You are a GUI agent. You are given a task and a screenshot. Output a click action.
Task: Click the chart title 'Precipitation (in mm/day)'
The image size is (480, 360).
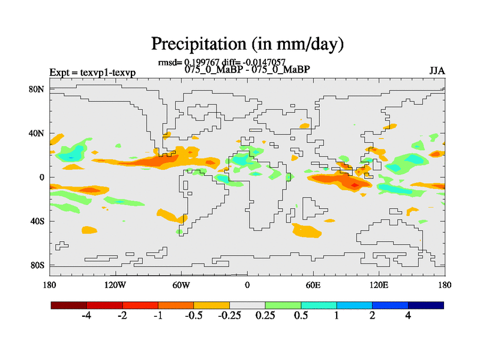click(247, 44)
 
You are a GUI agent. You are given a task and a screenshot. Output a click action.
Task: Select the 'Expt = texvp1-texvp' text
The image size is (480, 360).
click(92, 73)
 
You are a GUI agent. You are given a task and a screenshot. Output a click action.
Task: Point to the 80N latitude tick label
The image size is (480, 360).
click(37, 89)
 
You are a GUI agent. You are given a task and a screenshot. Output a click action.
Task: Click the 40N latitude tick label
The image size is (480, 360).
click(37, 133)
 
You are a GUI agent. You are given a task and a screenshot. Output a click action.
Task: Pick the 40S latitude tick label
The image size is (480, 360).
click(37, 221)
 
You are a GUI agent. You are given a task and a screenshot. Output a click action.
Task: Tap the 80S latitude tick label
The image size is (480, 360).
click(37, 265)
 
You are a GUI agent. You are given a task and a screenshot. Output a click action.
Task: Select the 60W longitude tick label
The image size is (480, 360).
click(181, 284)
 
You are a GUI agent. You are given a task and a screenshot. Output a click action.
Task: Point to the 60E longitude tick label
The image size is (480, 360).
click(313, 284)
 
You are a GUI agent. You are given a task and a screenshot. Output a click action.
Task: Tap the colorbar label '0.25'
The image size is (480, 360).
click(265, 316)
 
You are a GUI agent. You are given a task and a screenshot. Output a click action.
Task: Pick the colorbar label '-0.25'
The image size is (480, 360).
click(229, 316)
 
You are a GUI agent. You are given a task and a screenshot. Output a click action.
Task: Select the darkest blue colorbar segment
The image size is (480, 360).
click(426, 305)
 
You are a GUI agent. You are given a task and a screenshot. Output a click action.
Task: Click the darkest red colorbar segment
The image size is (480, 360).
click(69, 305)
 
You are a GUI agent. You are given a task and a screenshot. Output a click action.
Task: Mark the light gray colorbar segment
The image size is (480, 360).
click(247, 305)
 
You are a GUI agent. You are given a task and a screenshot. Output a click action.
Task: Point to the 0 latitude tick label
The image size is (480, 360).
click(42, 178)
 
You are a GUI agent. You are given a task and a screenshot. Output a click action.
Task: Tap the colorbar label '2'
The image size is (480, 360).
click(373, 316)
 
